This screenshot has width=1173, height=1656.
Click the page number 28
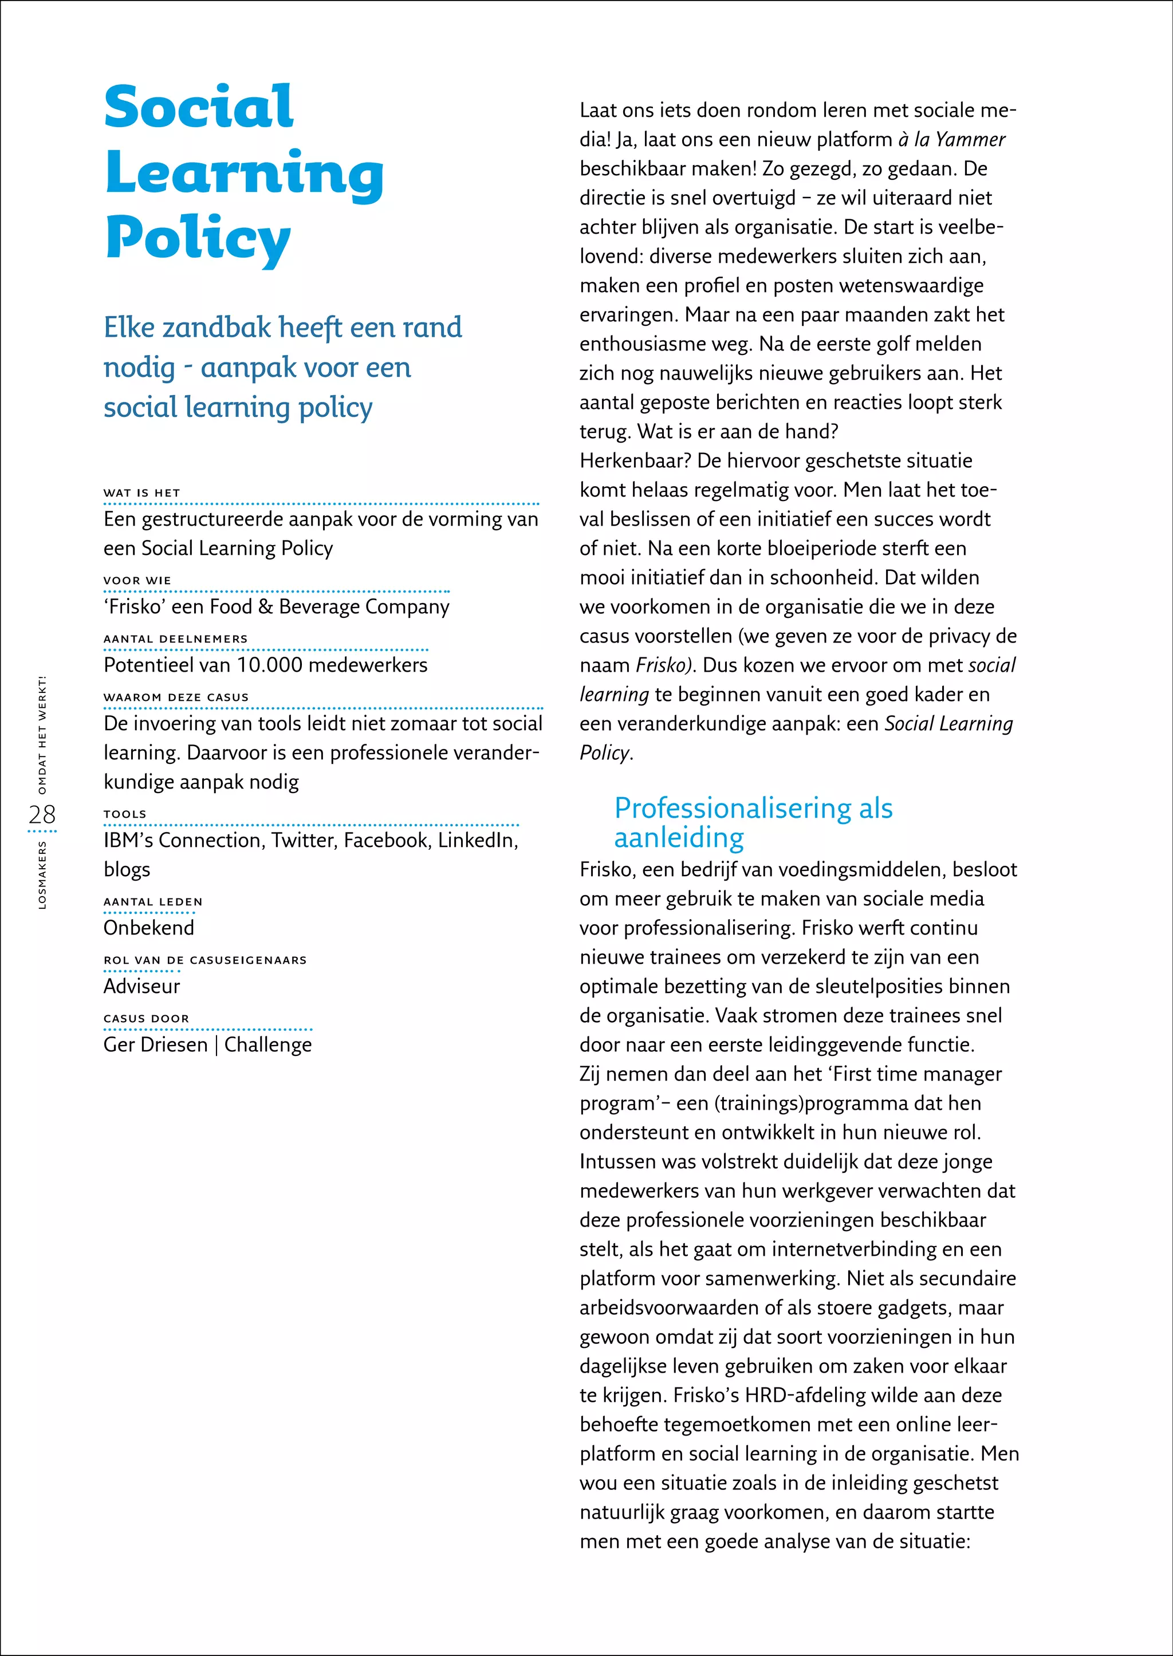pyautogui.click(x=42, y=815)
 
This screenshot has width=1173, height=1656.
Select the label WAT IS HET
pyautogui.click(x=141, y=493)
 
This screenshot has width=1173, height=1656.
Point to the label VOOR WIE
pyautogui.click(x=137, y=581)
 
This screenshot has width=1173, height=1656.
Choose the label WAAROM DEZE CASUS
pyautogui.click(x=175, y=697)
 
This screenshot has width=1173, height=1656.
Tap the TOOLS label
pyautogui.click(x=125, y=814)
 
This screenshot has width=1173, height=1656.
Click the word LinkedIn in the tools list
pyautogui.click(x=477, y=841)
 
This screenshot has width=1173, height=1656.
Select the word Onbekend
pyautogui.click(x=149, y=928)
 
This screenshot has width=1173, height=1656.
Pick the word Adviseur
pyautogui.click(x=141, y=987)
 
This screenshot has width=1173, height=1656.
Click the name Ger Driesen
pyautogui.click(x=155, y=1045)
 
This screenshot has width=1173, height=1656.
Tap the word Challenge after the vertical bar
pyautogui.click(x=268, y=1045)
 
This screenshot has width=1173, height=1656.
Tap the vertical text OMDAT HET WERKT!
pyautogui.click(x=42, y=735)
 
